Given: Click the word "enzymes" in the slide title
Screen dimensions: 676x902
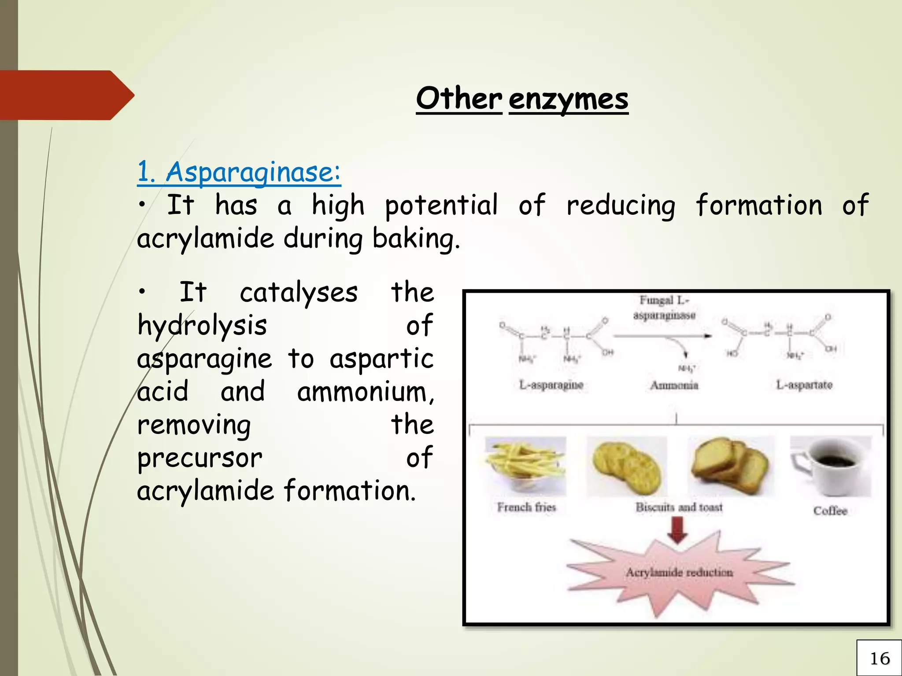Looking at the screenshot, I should pyautogui.click(x=568, y=99).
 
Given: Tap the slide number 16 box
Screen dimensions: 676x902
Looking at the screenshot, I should pyautogui.click(x=880, y=658).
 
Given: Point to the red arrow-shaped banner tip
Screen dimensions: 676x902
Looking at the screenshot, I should pyautogui.click(x=123, y=95).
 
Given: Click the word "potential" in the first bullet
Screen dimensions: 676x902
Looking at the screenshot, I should pyautogui.click(x=442, y=206).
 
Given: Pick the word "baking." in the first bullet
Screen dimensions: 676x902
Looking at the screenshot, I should pyautogui.click(x=416, y=239).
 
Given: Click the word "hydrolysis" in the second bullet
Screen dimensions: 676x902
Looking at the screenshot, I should pyautogui.click(x=202, y=326).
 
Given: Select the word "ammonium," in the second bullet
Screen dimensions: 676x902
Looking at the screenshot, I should pyautogui.click(x=366, y=392).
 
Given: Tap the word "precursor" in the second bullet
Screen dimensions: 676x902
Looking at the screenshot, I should pyautogui.click(x=200, y=458).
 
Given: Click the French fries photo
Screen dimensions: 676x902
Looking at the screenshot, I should pyautogui.click(x=525, y=466).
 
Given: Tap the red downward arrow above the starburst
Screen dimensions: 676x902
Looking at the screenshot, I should pyautogui.click(x=677, y=530).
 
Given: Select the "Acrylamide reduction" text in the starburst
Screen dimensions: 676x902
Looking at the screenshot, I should pyautogui.click(x=679, y=573).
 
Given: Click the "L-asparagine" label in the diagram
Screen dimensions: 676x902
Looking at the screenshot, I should pyautogui.click(x=551, y=385).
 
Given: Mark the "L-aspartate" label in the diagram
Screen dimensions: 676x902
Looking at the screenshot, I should pyautogui.click(x=804, y=385).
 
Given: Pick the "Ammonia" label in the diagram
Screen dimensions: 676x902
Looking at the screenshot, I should pyautogui.click(x=674, y=386).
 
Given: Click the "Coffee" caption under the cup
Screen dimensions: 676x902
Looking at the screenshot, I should pyautogui.click(x=830, y=511).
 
